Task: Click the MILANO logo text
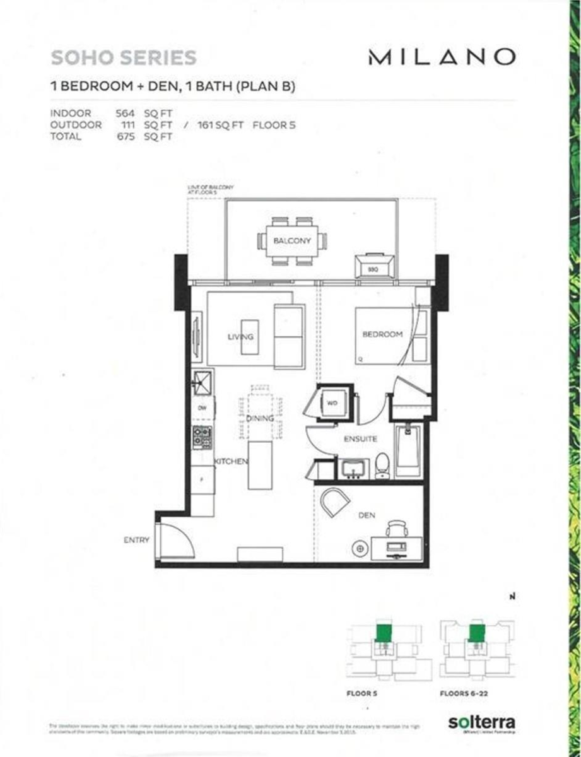(442, 57)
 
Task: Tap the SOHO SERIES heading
(124, 58)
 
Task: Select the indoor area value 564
(126, 114)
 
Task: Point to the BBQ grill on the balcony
(374, 266)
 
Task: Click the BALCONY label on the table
(290, 241)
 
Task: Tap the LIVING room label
(240, 337)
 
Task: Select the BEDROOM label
(382, 334)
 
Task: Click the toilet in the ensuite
(382, 465)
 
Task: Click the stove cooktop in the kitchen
(202, 437)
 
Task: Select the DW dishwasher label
(202, 408)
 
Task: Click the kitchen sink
(202, 382)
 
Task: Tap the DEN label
(367, 515)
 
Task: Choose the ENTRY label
(136, 540)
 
